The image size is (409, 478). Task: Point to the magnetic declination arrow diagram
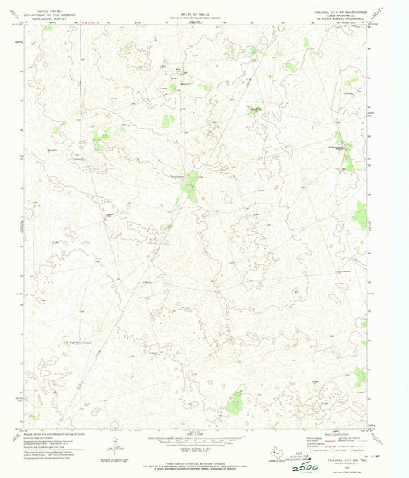[114, 445]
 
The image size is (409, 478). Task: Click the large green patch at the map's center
[190, 186]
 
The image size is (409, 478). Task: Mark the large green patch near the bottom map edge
[236, 400]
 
